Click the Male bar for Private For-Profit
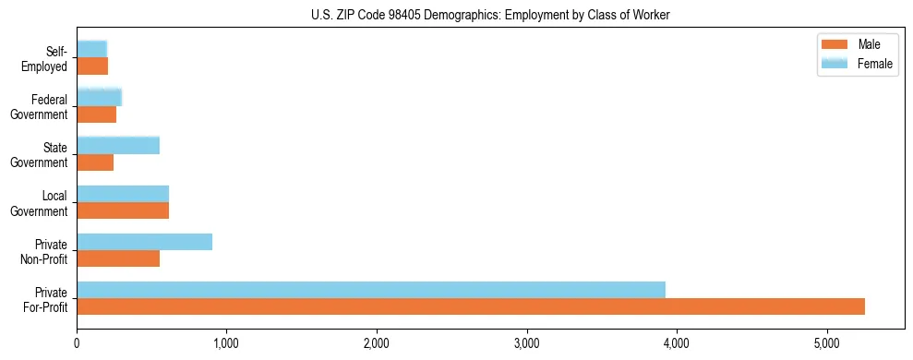click(x=471, y=306)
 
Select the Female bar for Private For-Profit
click(x=371, y=290)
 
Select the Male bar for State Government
click(x=95, y=162)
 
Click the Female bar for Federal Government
click(x=99, y=97)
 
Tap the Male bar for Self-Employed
click(x=92, y=66)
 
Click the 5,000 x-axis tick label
click(x=827, y=344)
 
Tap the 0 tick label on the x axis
click(x=77, y=344)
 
